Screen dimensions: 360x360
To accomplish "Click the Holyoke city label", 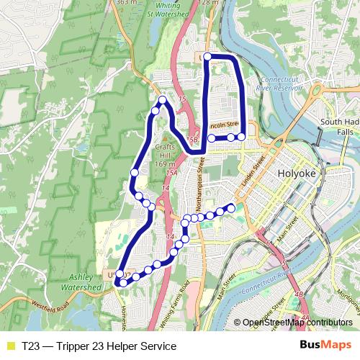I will (x=297, y=174).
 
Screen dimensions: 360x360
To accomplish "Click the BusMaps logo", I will (x=330, y=346).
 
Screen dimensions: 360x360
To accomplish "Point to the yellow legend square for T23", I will (x=10, y=346).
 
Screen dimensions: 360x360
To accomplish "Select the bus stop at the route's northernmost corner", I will (x=207, y=56).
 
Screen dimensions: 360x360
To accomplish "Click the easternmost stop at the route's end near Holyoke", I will (x=231, y=207).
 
